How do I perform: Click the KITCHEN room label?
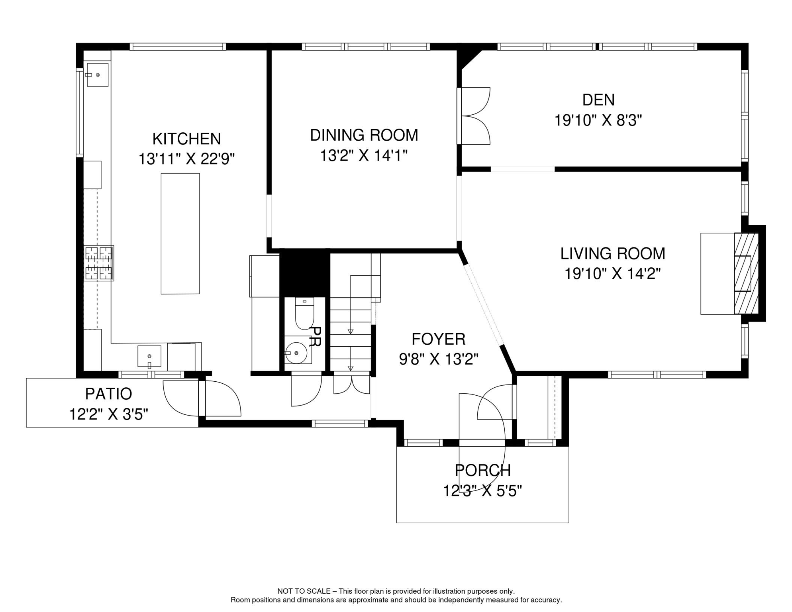point(186,139)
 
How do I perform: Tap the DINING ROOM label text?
point(364,135)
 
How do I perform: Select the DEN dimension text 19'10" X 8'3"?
point(598,120)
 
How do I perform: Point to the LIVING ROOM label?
point(613,253)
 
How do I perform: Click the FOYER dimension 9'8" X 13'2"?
point(439,359)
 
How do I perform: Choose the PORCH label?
point(483,470)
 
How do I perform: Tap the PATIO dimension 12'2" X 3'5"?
point(109,414)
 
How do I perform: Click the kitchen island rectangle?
point(180,233)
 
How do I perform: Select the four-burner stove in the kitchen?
point(99,263)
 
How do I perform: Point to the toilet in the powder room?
point(305,314)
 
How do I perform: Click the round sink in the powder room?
point(296,353)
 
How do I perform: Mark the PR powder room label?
point(315,337)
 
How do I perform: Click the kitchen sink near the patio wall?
point(149,356)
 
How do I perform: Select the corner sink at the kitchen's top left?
point(98,75)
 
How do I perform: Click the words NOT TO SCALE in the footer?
point(304,591)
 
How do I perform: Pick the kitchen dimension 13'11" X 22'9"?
point(186,159)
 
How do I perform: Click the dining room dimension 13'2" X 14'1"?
point(364,155)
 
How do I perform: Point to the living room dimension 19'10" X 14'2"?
point(613,274)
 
